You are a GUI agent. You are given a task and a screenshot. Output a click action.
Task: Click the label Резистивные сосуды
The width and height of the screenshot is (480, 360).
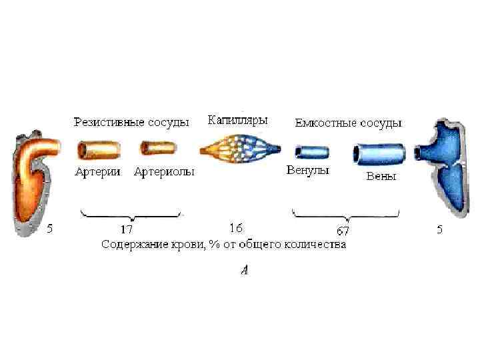point(131,123)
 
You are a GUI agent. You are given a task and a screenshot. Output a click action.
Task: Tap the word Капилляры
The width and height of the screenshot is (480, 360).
point(238,121)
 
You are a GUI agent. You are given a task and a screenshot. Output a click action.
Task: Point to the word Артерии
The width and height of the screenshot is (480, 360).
point(98,172)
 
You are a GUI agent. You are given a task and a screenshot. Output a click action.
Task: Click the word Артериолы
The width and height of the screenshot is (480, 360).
point(164,172)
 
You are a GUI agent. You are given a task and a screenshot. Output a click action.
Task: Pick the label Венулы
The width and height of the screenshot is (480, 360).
point(307,170)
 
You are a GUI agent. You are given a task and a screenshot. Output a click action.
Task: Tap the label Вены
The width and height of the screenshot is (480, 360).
point(381,177)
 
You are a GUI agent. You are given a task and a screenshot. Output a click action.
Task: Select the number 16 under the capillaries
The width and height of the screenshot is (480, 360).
point(236,228)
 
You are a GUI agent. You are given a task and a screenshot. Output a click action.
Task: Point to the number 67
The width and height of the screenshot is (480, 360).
point(343,231)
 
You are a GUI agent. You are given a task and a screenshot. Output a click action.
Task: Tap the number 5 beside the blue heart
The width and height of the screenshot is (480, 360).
point(439,229)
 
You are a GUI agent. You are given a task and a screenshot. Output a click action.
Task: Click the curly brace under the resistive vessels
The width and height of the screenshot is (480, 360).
point(131,214)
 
